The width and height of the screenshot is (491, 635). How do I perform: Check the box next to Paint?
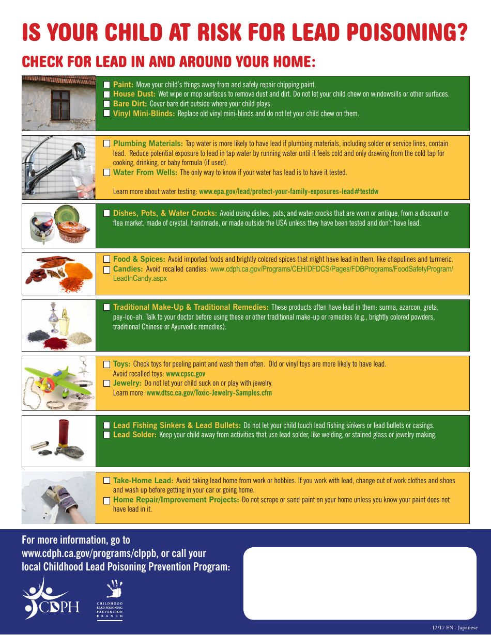coord(106,85)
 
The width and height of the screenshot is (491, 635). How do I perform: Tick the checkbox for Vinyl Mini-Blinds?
coord(106,114)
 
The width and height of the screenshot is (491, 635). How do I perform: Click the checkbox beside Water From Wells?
coord(106,172)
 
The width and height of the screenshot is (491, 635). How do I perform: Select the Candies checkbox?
coord(106,269)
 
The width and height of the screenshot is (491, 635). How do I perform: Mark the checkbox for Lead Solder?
coord(106,435)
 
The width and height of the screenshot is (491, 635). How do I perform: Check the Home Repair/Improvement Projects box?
coord(106,500)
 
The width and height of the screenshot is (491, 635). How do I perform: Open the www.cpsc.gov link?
coord(186,374)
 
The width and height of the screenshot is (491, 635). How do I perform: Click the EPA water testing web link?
coord(288,192)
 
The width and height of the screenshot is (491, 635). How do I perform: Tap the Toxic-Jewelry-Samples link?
coord(209,393)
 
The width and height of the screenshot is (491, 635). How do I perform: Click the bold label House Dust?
coord(134,94)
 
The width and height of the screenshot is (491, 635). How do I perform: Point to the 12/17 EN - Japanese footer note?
coord(455,628)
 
